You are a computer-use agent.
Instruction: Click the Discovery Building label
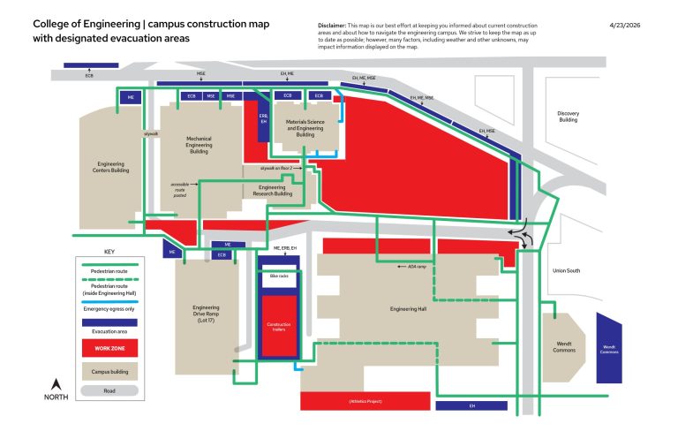(567, 117)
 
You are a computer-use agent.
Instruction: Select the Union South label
(566, 270)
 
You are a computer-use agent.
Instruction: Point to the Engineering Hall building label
(408, 310)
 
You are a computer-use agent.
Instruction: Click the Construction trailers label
(278, 327)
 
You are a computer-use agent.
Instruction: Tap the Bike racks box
(278, 277)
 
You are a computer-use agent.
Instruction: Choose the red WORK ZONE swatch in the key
(103, 347)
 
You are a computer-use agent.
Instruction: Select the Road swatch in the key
(103, 389)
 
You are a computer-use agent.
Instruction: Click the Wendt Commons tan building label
(564, 346)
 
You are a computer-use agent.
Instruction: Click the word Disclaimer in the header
(332, 26)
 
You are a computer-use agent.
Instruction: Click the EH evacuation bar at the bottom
(471, 405)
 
